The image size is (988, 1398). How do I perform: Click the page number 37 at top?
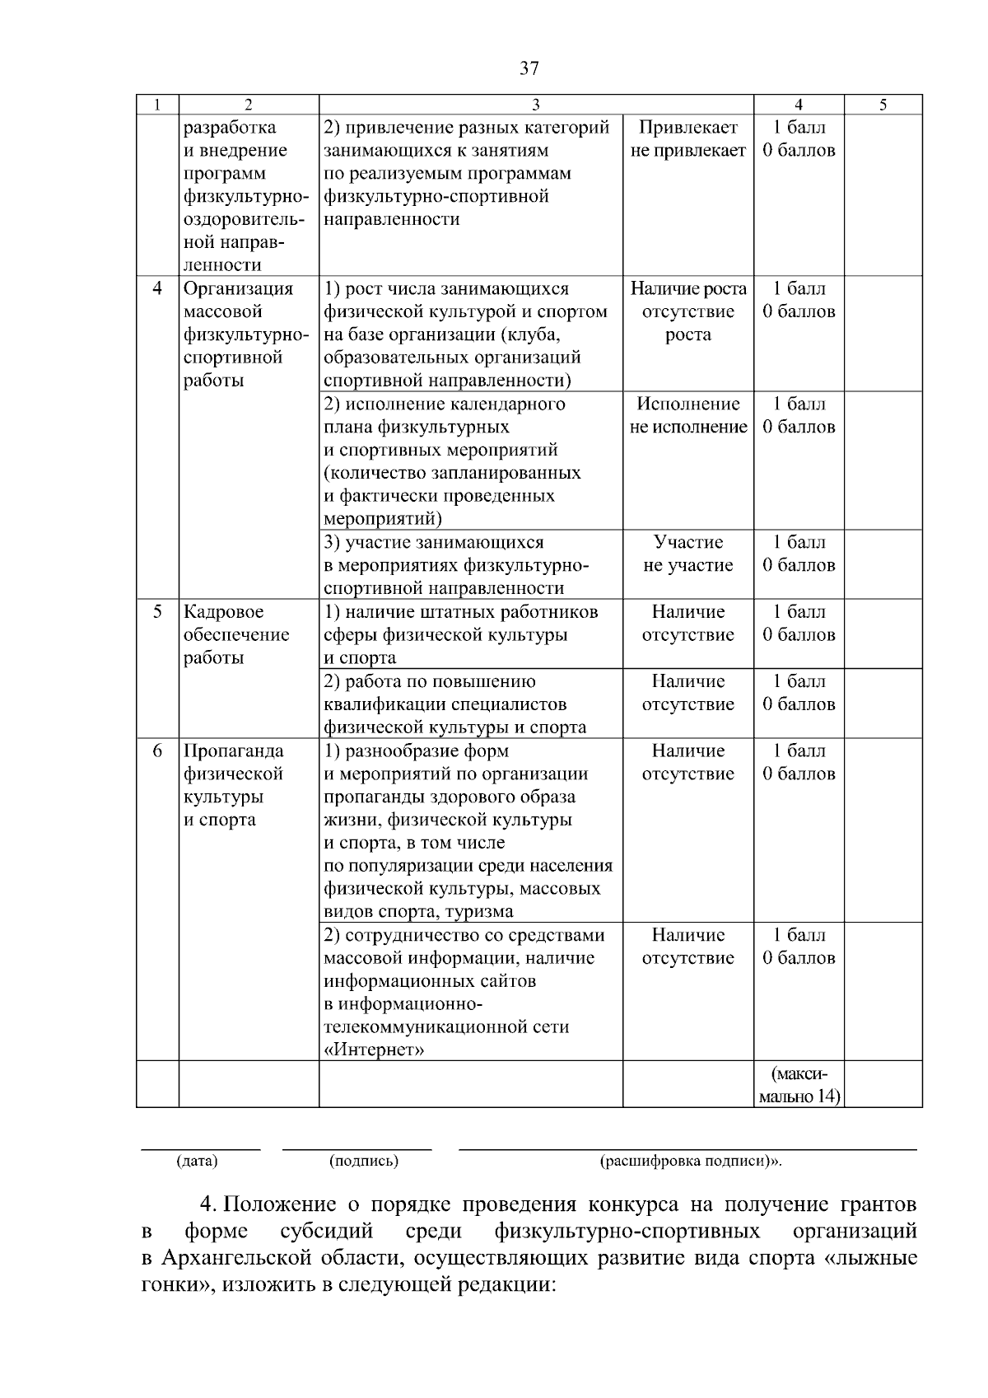pyautogui.click(x=529, y=68)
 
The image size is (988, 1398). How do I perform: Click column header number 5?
pyautogui.click(x=883, y=105)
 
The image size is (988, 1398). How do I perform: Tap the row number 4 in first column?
pyautogui.click(x=157, y=289)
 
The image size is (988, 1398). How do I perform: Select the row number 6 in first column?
pyautogui.click(x=157, y=751)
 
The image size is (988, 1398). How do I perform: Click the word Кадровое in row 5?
pyautogui.click(x=225, y=612)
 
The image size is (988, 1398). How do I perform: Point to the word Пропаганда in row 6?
pyautogui.click(x=233, y=751)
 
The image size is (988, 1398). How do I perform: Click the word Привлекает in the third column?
pyautogui.click(x=688, y=128)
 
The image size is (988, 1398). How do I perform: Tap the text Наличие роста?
pyautogui.click(x=688, y=289)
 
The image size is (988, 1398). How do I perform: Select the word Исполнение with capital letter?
pyautogui.click(x=688, y=404)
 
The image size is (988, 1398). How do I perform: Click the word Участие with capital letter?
pyautogui.click(x=688, y=543)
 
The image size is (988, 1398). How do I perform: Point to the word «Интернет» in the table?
pyautogui.click(x=375, y=1050)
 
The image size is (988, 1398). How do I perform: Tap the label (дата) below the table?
pyautogui.click(x=197, y=1162)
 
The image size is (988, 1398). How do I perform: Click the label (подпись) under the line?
pyautogui.click(x=363, y=1162)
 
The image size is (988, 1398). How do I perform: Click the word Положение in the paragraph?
pyautogui.click(x=280, y=1205)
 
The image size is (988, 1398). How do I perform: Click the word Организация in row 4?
pyautogui.click(x=238, y=289)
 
